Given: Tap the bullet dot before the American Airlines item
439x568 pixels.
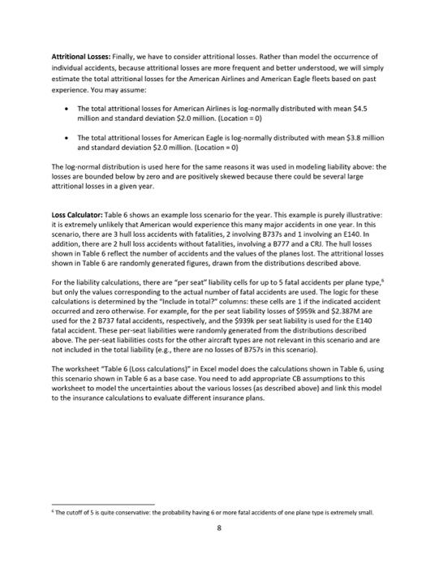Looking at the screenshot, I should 62,107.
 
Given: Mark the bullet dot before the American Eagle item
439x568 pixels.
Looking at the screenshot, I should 62,139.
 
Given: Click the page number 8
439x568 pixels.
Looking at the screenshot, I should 219,527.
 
